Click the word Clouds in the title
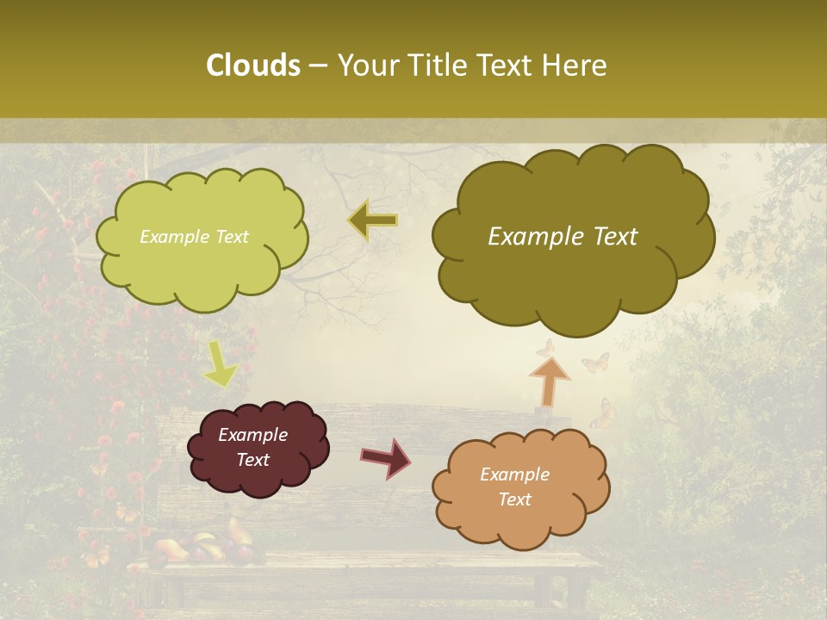[x=252, y=65]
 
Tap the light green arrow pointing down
[x=219, y=363]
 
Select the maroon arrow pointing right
[x=386, y=457]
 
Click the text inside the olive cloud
[x=563, y=237]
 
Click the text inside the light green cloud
[x=194, y=237]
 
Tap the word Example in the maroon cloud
[x=252, y=435]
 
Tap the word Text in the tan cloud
[x=514, y=499]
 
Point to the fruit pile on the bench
[x=202, y=546]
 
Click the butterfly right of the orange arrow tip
[x=595, y=363]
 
